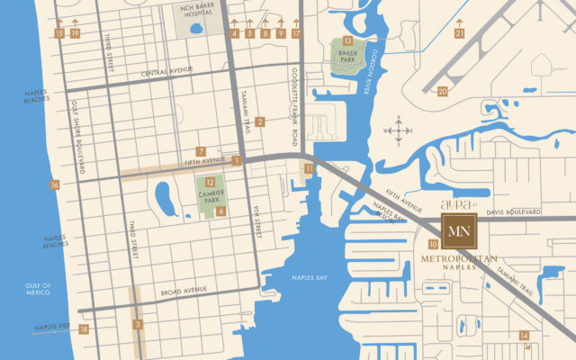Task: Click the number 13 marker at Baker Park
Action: point(347,40)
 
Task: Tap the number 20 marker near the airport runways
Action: point(442,91)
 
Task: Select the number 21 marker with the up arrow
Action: point(459,33)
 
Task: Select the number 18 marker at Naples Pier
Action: point(84,329)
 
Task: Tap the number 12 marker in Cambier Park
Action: point(209,182)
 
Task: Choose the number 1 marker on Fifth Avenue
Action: point(237,160)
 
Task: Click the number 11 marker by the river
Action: point(309,168)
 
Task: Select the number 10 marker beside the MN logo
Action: point(433,244)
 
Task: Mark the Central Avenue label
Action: point(168,73)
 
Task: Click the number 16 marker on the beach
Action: point(55,185)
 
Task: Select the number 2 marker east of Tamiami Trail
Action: point(259,121)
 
